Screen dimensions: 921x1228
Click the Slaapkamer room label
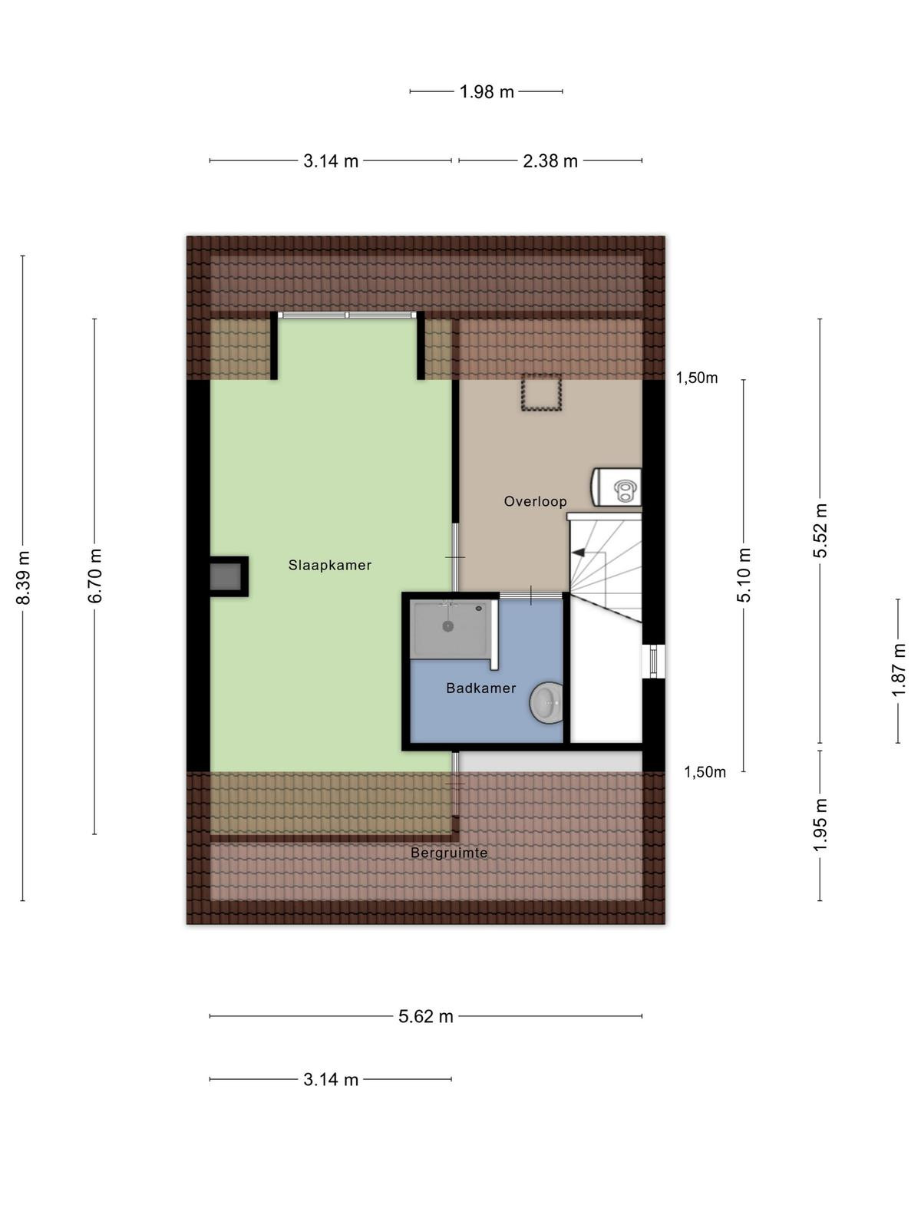point(329,565)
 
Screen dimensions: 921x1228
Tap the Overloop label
point(535,501)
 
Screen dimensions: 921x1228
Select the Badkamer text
point(481,688)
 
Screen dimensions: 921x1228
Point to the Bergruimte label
point(449,853)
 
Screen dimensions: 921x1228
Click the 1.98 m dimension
point(487,92)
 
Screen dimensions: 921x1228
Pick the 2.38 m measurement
point(550,161)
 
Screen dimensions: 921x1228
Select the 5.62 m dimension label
point(425,1016)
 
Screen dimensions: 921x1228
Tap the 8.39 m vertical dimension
point(23,578)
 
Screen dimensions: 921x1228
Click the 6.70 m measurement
point(94,576)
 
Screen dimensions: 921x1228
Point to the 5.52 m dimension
point(820,530)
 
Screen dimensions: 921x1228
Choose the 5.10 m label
point(743,575)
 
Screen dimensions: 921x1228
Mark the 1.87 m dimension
point(898,670)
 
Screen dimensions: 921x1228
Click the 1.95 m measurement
point(820,825)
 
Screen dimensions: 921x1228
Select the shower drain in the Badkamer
point(448,626)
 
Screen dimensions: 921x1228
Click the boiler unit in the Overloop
point(616,487)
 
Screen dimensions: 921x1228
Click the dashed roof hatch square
point(541,393)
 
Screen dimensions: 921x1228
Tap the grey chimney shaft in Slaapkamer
point(226,576)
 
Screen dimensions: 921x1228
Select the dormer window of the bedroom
point(347,315)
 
